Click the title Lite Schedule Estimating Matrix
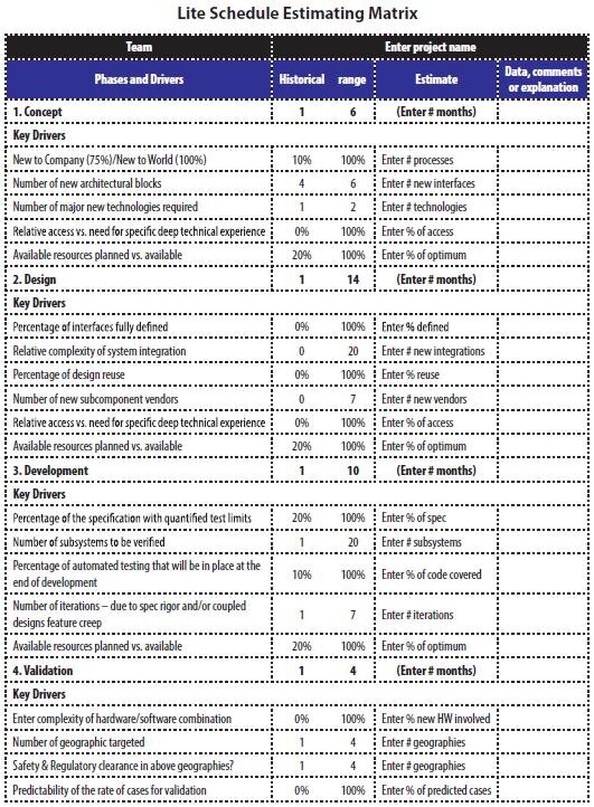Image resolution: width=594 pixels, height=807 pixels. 297,13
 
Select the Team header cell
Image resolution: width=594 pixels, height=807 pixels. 139,47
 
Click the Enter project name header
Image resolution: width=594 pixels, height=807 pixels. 430,47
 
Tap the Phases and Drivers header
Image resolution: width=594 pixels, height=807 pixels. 139,79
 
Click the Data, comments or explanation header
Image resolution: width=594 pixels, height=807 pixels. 543,79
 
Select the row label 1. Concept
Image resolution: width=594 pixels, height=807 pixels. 37,112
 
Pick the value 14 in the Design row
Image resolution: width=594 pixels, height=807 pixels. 353,280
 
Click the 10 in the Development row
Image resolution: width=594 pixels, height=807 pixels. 353,471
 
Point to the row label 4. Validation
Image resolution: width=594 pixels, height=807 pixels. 42,671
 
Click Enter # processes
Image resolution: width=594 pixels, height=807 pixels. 417,160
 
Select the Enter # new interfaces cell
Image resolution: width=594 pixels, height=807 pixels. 428,184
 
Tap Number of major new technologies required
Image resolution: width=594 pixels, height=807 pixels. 105,207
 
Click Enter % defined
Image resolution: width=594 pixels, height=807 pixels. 415,327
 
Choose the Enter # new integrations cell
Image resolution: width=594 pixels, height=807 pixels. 433,351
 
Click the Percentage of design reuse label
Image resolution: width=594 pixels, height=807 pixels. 69,375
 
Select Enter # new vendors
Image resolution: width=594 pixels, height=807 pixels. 424,399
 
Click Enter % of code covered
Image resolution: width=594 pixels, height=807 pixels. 431,575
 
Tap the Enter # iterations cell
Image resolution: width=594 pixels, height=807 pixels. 417,615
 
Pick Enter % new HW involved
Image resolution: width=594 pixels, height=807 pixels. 435,719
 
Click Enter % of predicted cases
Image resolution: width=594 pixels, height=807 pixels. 436,790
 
